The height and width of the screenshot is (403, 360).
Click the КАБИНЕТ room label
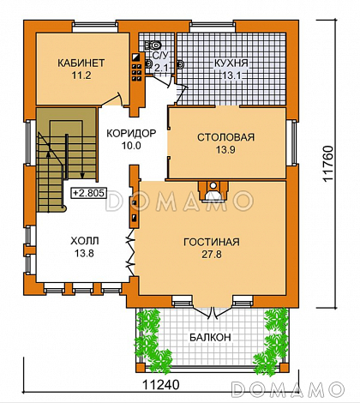tap(81, 63)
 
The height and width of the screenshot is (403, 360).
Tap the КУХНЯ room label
tap(231, 63)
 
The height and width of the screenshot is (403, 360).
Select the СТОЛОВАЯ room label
tap(225, 137)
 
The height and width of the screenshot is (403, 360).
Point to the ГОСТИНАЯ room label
tap(212, 242)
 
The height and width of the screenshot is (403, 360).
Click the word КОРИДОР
tap(131, 133)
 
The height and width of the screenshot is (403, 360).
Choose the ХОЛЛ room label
tap(85, 241)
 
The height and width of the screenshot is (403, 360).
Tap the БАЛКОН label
tap(210, 337)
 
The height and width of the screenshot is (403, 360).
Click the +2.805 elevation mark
tap(88, 193)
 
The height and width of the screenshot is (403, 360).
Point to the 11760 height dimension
tap(327, 164)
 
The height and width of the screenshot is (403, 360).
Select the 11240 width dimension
tap(161, 384)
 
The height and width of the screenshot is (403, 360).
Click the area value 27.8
tap(212, 254)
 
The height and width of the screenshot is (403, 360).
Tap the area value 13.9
tap(225, 149)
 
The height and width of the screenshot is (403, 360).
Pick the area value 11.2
tap(81, 75)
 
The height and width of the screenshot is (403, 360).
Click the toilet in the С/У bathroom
tap(153, 45)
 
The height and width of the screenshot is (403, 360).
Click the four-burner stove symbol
tap(136, 72)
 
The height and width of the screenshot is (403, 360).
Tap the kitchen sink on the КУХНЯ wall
tap(181, 65)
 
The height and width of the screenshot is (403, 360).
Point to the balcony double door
tap(212, 311)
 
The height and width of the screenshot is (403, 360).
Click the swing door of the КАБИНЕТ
tap(113, 99)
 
